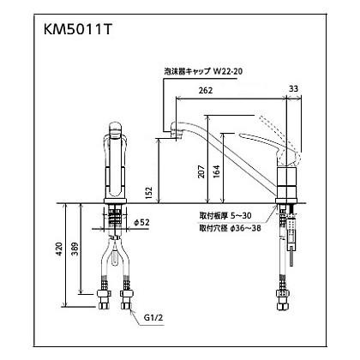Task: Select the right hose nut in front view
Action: pyautogui.click(x=128, y=300)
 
